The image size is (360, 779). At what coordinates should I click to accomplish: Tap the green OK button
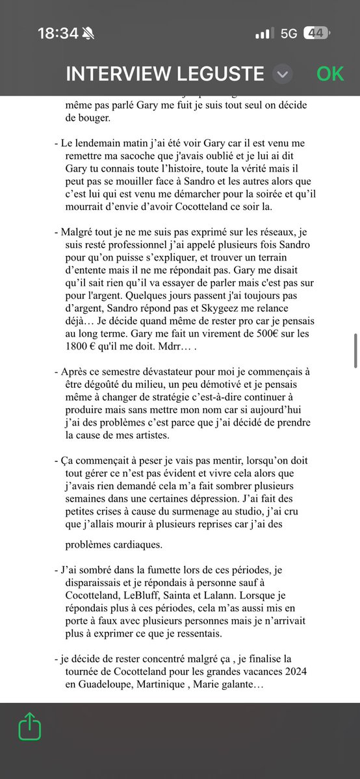pyautogui.click(x=330, y=73)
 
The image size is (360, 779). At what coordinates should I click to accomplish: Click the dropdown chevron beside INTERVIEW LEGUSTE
pyautogui.click(x=281, y=74)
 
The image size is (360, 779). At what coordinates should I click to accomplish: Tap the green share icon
pyautogui.click(x=30, y=726)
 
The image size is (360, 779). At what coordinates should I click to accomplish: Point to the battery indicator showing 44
pyautogui.click(x=318, y=33)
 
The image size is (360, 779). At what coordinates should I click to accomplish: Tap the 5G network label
pyautogui.click(x=289, y=33)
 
